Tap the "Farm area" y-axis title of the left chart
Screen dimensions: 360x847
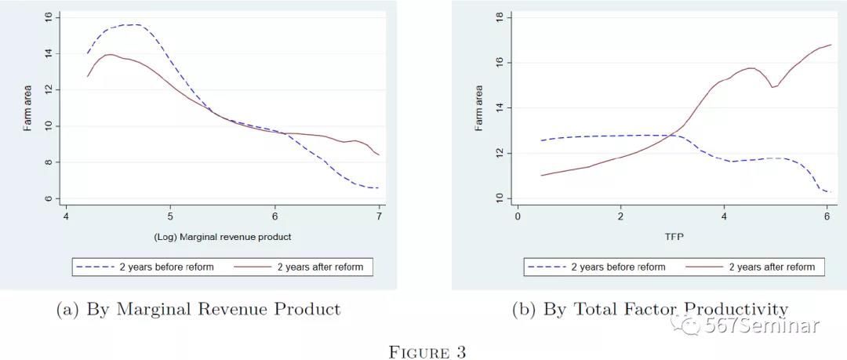[27, 110]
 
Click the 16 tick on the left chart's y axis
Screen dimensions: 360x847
[49, 16]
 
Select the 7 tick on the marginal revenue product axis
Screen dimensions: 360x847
[379, 216]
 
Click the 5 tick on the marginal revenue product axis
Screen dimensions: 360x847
[170, 216]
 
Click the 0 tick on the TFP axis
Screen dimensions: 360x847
[518, 216]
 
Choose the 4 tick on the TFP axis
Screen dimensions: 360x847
[724, 216]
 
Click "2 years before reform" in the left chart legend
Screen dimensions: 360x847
[165, 267]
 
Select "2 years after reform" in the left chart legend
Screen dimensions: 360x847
[320, 267]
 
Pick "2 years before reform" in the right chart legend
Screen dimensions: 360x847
[617, 267]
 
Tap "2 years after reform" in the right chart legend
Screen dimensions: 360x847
[772, 267]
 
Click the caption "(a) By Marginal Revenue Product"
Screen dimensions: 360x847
[199, 309]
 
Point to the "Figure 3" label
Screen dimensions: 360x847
[427, 352]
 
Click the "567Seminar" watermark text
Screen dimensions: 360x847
[762, 326]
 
